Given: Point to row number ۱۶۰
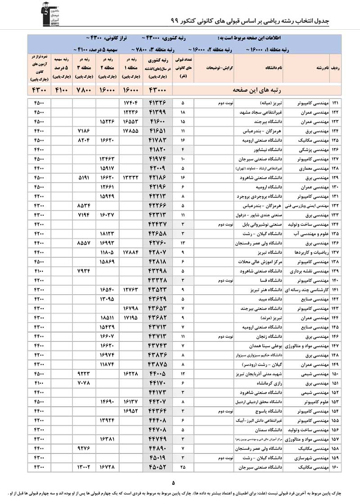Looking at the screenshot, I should [x=336, y=468].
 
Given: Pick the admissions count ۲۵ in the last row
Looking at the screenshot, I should [x=183, y=468].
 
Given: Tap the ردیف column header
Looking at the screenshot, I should [x=336, y=67].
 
